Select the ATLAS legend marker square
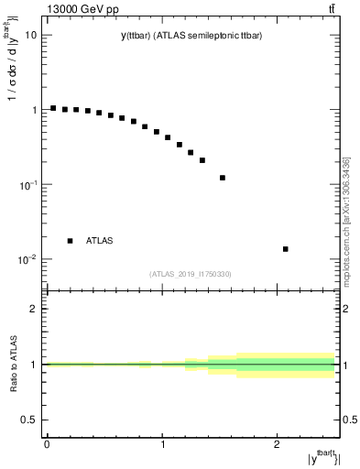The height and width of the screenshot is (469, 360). (x=71, y=241)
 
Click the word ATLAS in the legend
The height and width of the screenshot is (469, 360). (x=100, y=241)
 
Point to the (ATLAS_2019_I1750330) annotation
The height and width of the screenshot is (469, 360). (x=191, y=274)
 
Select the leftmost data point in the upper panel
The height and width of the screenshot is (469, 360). (x=53, y=108)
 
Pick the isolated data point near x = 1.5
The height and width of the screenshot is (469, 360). (x=223, y=178)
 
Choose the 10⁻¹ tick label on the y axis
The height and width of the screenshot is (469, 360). (x=28, y=184)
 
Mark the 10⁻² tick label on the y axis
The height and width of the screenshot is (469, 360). (x=28, y=259)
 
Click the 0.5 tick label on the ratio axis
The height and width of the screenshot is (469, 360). (x=30, y=420)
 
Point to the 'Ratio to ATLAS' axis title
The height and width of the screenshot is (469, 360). (x=12, y=363)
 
